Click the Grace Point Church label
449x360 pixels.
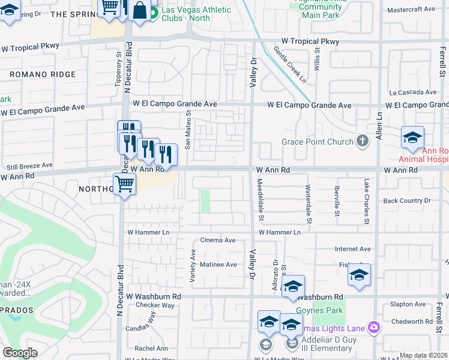coord(318,142)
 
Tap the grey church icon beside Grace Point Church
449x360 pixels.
coord(362,142)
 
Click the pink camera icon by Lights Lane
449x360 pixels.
coord(375,327)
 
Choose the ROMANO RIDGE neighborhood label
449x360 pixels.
coord(42,74)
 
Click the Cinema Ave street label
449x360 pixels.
coord(218,240)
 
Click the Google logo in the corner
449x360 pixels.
coord(20,353)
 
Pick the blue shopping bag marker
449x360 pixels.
coord(139,11)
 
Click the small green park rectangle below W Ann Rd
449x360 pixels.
coord(205,200)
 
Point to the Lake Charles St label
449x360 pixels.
coord(366,201)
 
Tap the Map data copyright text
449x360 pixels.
coord(423,355)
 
